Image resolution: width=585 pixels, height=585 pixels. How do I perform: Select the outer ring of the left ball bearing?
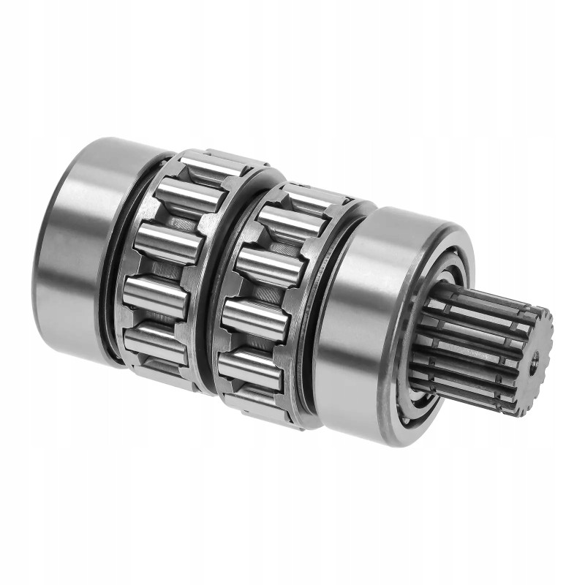[69, 241]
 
